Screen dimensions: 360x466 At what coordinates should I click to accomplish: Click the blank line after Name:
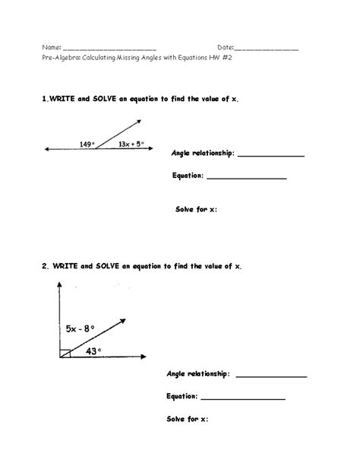click(109, 49)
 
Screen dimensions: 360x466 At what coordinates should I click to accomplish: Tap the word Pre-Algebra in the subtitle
click(62, 65)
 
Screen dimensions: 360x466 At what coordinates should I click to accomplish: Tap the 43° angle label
click(93, 351)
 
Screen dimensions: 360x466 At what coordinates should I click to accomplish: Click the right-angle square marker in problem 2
click(66, 353)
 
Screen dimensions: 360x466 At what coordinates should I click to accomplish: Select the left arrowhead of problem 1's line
click(46, 150)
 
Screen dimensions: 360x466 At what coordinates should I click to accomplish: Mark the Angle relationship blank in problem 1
click(270, 156)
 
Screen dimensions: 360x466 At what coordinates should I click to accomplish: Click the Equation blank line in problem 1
click(246, 179)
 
